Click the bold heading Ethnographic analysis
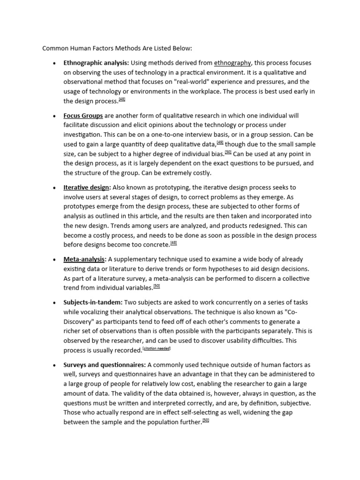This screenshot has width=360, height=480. point(96,63)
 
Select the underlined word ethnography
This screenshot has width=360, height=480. point(232,63)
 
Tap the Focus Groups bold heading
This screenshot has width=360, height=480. point(83,115)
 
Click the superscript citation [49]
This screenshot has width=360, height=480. point(220,143)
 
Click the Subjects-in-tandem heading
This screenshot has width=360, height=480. point(93,302)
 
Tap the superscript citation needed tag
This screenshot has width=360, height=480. point(157,349)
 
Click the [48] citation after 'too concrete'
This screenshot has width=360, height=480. point(173,243)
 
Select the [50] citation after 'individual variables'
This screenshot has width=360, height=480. point(157,286)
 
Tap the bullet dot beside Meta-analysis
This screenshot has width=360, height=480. point(55,259)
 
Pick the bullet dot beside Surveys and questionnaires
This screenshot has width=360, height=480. point(55,365)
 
